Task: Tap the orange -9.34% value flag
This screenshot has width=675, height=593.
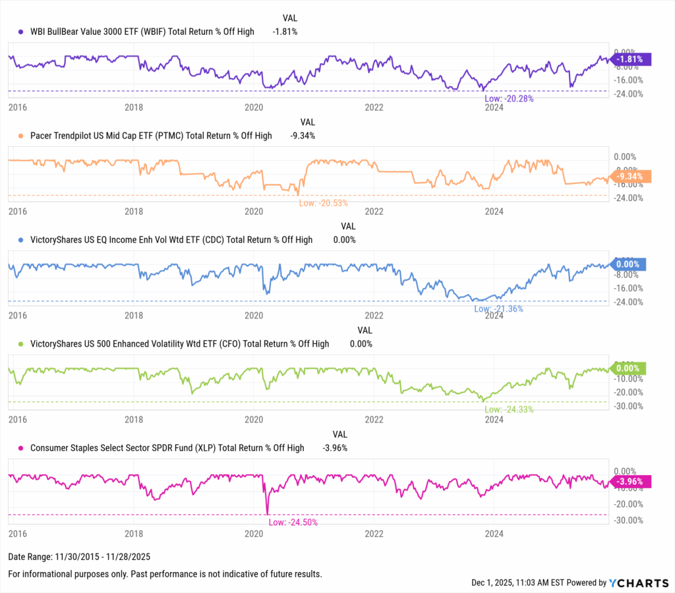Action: point(631,177)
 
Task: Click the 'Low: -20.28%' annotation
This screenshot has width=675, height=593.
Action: point(508,99)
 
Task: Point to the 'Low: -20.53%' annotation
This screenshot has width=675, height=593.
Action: point(323,203)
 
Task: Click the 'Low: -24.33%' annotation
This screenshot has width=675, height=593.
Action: point(508,409)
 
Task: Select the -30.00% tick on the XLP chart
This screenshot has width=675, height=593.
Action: point(628,520)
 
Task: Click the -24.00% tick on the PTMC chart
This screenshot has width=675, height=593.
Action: point(628,198)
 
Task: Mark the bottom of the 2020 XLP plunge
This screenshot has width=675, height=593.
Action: point(268,513)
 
